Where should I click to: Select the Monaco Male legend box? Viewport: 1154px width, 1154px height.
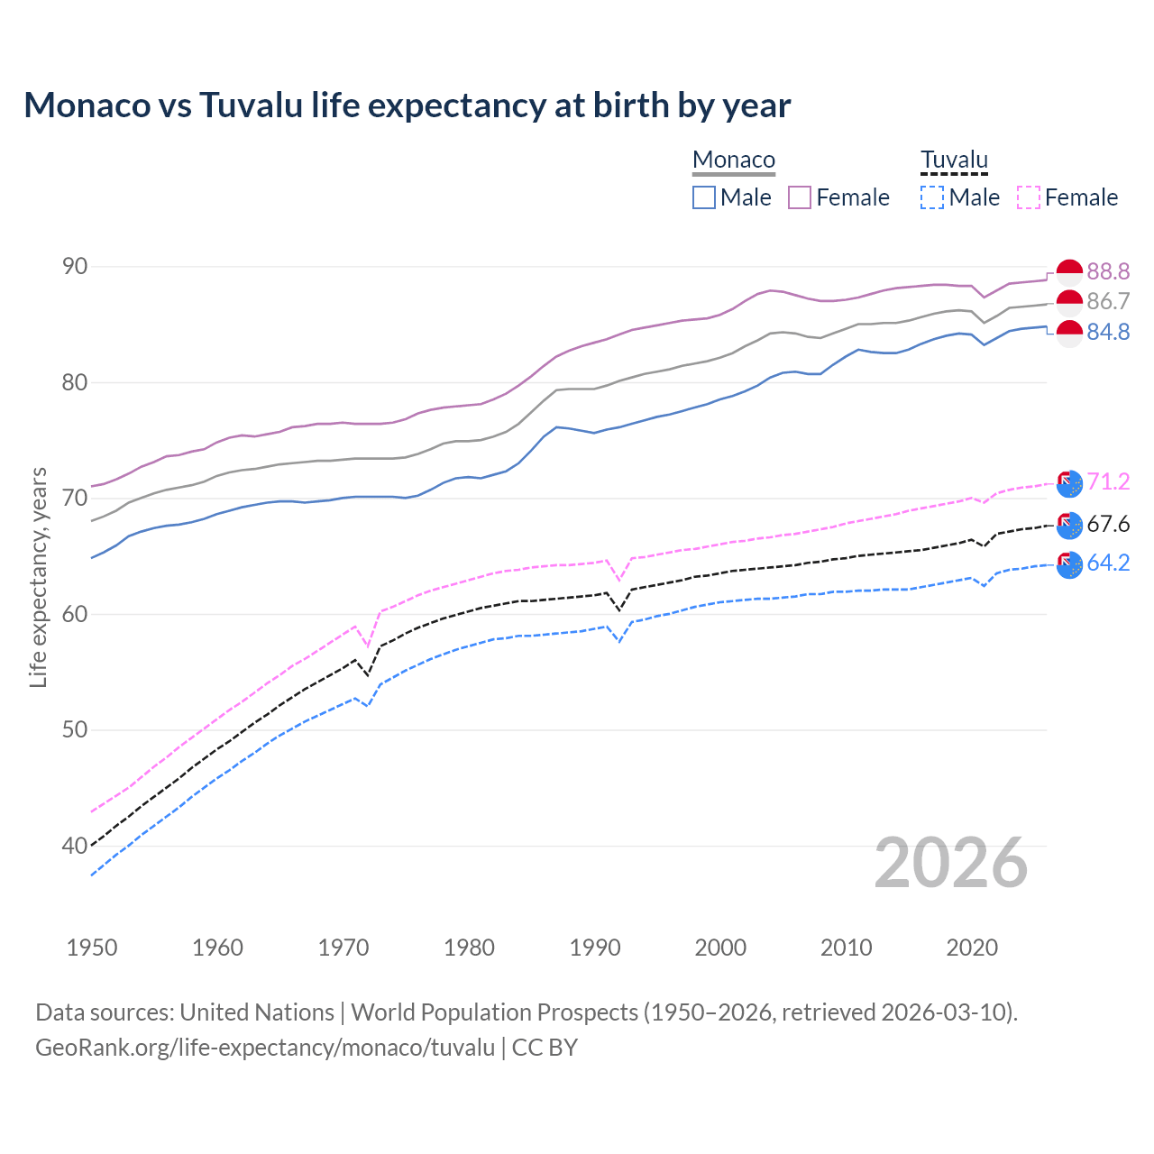(x=704, y=197)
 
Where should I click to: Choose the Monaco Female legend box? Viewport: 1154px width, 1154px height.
(x=800, y=197)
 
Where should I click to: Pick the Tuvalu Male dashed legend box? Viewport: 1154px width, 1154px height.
(x=932, y=197)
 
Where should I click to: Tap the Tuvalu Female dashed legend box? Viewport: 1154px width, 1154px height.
(x=1029, y=197)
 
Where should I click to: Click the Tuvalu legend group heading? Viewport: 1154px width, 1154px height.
(x=954, y=160)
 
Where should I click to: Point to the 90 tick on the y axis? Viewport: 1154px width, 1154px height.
(x=75, y=267)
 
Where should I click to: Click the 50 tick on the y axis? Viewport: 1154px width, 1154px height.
(x=75, y=729)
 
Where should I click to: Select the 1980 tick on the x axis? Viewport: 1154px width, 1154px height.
(x=469, y=948)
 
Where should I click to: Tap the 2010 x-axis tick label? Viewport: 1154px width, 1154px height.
(x=846, y=948)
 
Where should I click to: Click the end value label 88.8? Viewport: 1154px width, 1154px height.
(x=1108, y=271)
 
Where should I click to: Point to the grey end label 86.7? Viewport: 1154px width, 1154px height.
(x=1108, y=301)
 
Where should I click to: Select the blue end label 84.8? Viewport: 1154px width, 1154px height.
(x=1108, y=333)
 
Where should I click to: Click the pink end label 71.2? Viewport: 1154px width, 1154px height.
(x=1108, y=482)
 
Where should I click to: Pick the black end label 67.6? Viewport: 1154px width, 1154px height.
(x=1108, y=524)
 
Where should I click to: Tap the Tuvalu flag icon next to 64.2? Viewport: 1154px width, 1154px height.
(x=1069, y=564)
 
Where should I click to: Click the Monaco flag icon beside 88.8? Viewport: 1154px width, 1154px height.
(x=1069, y=271)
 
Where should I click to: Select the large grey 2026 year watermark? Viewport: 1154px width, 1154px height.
(x=951, y=864)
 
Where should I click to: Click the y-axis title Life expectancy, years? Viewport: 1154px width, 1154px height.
(x=39, y=577)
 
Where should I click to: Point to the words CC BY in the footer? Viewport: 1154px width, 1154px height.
(x=545, y=1048)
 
